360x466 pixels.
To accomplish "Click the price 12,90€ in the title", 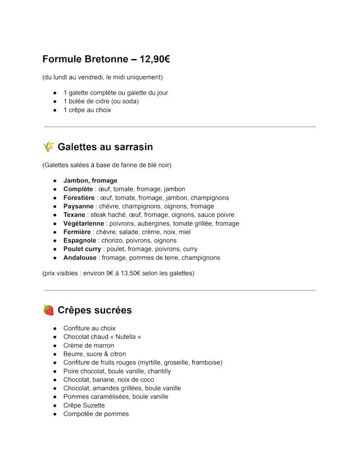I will tap(151, 59).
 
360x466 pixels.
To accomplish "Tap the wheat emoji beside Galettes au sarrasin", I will tap(49, 147).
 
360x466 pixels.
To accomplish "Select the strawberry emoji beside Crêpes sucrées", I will tap(49, 310).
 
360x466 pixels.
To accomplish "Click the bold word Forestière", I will tap(79, 198).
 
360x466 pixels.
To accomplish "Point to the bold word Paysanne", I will tap(78, 206).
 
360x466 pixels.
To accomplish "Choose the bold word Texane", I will tap(75, 214).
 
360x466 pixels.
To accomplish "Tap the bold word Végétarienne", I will tap(83, 223).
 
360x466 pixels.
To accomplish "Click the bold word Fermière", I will tap(77, 232).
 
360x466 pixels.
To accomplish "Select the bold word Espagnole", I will tap(80, 240).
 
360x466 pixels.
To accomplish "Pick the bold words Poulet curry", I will tap(82, 249).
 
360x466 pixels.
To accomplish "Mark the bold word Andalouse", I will tap(79, 258).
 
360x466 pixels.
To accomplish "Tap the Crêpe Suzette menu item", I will tap(84, 405).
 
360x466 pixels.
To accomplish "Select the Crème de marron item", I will tap(88, 346).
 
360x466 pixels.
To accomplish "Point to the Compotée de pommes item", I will tap(96, 414).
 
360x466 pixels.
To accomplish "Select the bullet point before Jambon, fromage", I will tap(55, 181).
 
